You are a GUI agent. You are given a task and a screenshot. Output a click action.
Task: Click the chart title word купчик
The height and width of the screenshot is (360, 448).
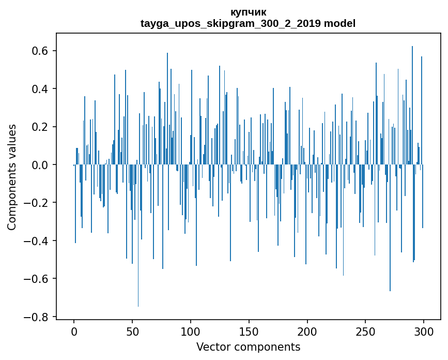(248, 12)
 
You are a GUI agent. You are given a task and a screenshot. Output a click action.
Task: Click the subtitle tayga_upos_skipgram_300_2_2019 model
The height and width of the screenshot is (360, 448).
(248, 23)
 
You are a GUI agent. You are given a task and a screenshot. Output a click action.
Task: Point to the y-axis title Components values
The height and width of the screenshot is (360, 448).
(12, 177)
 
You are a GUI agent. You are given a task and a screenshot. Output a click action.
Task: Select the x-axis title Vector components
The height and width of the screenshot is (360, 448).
(248, 347)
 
